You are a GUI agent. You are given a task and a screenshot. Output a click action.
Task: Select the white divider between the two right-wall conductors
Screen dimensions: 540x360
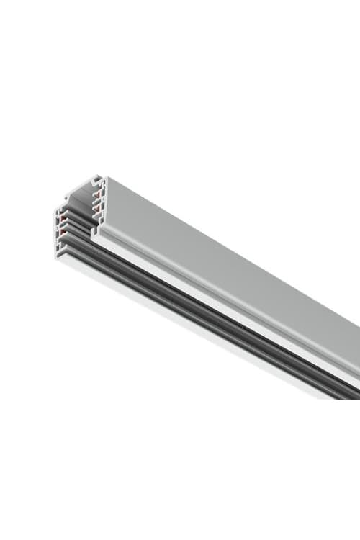coord(96,201)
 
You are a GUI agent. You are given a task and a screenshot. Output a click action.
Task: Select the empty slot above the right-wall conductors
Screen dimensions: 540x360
coord(96,187)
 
